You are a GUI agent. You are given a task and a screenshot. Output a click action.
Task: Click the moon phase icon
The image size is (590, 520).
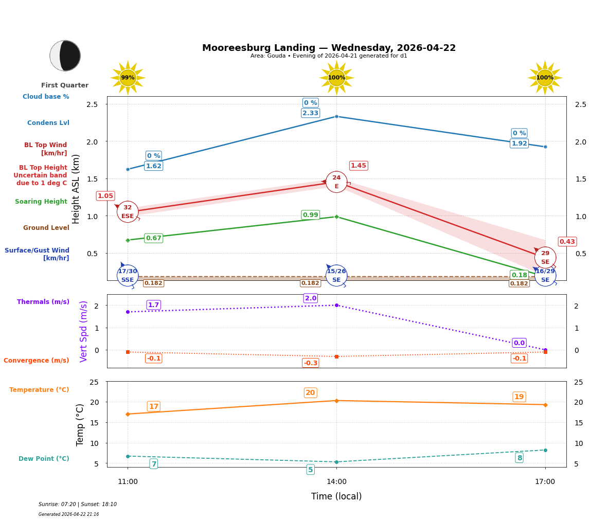(x=65, y=56)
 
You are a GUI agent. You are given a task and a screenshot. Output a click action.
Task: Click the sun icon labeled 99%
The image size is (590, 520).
(x=128, y=78)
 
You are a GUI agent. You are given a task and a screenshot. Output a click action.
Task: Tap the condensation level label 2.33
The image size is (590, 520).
(x=310, y=113)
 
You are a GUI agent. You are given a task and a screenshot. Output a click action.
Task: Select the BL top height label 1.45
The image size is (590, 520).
(x=359, y=166)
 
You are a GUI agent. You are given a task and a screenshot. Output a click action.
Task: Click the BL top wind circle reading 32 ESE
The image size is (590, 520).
(x=128, y=211)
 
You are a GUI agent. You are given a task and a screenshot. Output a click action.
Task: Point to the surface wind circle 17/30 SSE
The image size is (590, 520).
(x=128, y=275)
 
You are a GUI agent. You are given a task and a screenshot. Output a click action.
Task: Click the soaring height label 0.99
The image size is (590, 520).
(x=310, y=215)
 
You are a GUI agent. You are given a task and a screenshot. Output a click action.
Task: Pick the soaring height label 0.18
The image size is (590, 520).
(x=519, y=275)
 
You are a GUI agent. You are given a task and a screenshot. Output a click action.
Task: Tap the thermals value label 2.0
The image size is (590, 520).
(x=311, y=298)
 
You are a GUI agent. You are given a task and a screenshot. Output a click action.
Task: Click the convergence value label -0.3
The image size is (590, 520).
(x=311, y=363)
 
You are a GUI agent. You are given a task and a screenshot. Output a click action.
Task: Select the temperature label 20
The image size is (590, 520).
(x=310, y=393)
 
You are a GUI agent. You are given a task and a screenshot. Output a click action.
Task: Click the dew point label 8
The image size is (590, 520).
(x=520, y=458)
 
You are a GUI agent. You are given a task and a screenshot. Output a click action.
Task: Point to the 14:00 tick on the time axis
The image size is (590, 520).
(x=336, y=482)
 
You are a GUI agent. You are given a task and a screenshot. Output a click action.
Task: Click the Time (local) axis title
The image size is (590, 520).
(x=336, y=496)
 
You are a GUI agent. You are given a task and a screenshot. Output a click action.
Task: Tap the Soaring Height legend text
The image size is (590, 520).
(x=41, y=202)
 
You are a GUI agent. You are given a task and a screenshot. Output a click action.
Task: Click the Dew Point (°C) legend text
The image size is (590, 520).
(x=44, y=459)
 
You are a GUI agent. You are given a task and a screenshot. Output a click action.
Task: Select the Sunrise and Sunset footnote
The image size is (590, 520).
(x=78, y=505)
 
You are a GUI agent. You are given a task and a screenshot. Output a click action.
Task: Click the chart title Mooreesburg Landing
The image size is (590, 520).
(x=329, y=48)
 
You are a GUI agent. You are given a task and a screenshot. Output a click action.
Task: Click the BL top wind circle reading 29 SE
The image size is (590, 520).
(x=545, y=257)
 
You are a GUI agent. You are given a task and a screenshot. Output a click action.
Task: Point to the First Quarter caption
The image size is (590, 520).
(x=65, y=85)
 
